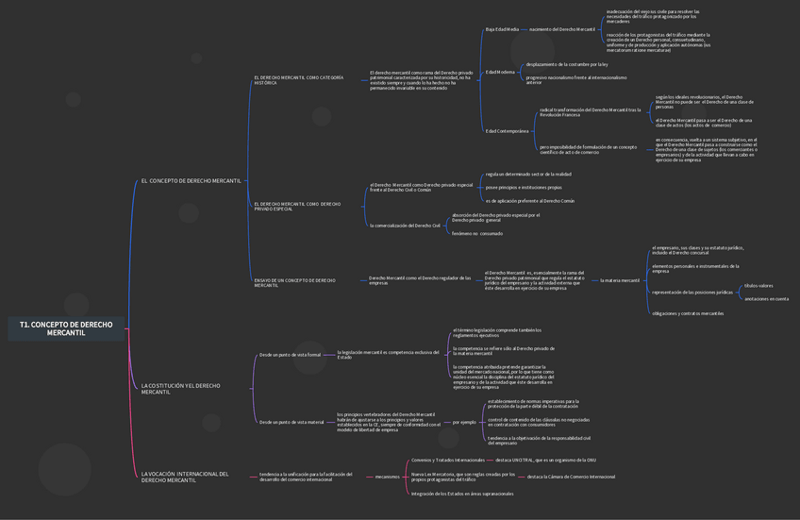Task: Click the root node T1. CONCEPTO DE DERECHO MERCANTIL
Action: [65, 327]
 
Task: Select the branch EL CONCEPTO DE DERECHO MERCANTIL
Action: [191, 180]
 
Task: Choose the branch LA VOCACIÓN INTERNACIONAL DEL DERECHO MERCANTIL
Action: [185, 477]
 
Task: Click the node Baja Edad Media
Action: [502, 29]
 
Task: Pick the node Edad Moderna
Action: [500, 72]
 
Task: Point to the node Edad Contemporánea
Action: [507, 131]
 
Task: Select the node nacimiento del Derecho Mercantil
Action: [562, 29]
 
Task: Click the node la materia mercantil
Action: [620, 280]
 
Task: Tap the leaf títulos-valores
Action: [758, 286]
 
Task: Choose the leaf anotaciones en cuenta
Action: [766, 299]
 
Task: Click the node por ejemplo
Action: [464, 422]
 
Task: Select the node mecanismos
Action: [387, 477]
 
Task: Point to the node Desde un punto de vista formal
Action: [290, 355]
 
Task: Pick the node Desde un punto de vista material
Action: [292, 422]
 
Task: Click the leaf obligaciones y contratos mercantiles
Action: [688, 313]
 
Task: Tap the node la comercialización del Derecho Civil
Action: [405, 226]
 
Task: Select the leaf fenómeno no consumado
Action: [476, 233]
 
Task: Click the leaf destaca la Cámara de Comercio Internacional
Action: [571, 477]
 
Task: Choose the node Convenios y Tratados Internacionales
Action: [447, 460]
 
